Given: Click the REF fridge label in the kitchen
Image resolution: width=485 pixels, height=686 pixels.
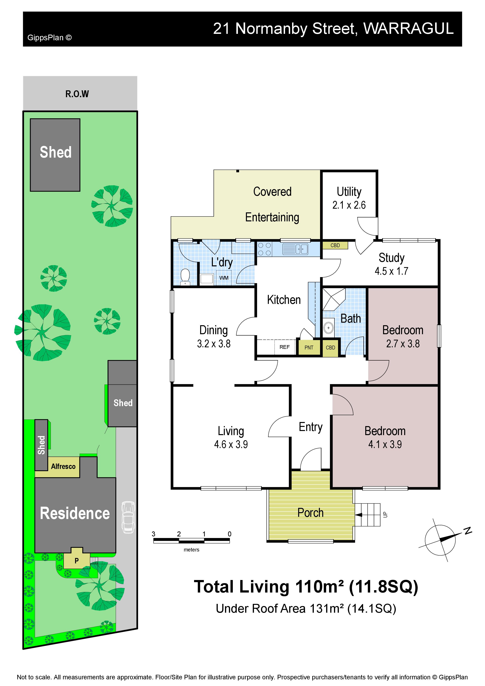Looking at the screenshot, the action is coord(284,347).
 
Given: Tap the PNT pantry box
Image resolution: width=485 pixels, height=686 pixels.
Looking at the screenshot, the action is coord(309,347).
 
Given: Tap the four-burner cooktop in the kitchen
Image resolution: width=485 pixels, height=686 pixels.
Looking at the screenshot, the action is coord(265,249).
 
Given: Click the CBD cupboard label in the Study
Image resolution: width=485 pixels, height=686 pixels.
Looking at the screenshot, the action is coord(335,245).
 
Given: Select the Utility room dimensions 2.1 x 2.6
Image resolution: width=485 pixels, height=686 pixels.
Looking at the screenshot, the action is coord(349,205).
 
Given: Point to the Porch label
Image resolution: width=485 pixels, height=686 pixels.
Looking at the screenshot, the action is coord(310,513).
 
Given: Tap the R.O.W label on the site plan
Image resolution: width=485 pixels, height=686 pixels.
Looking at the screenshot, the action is coord(77,94).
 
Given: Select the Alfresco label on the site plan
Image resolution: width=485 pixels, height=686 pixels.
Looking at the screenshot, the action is coord(63,466).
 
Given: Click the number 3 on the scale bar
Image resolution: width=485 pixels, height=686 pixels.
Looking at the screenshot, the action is coord(154,534).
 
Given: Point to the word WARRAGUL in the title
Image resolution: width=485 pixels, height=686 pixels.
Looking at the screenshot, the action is coord(409,29).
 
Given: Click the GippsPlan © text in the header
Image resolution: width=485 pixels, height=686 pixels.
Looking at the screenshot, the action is coord(50,38).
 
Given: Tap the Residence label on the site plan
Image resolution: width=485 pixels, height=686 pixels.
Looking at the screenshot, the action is coord(75,513).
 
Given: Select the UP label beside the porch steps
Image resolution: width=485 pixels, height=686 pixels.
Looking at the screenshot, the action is coord(385,514).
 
